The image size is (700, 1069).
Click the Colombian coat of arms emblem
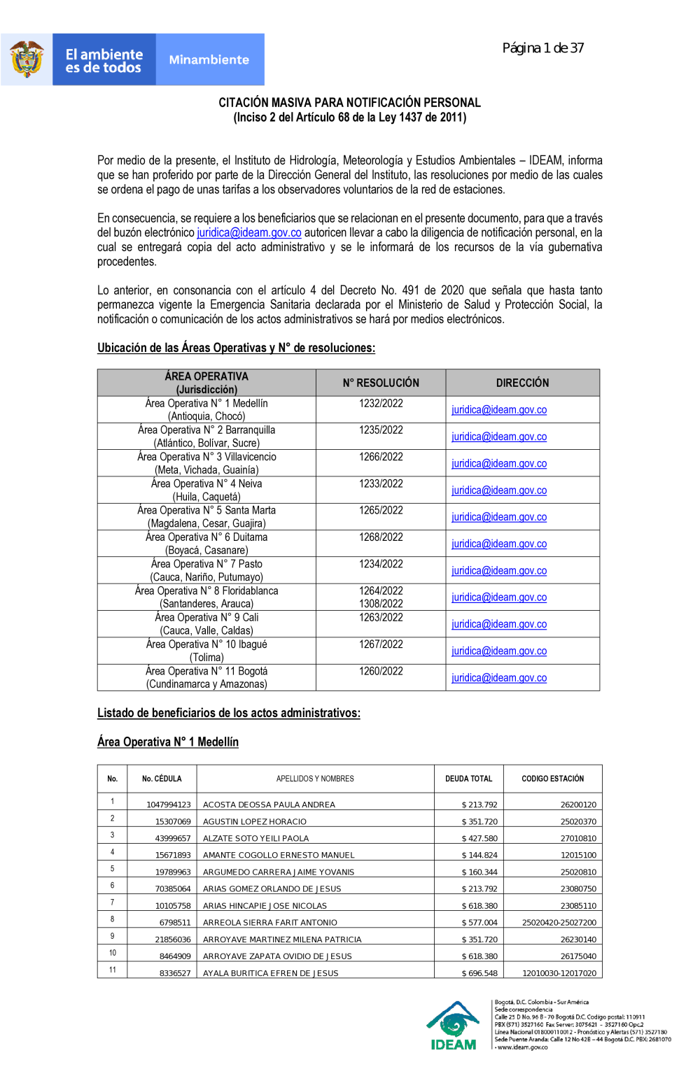(x=27, y=59)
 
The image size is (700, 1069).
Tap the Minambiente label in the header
(x=209, y=60)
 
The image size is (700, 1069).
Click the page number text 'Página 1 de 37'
(x=542, y=48)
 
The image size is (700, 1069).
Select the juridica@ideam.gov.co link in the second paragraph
(x=249, y=233)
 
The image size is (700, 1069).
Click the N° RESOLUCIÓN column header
(x=381, y=383)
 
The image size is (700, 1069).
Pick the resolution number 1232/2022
(x=381, y=404)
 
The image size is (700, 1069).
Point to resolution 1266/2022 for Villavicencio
(x=381, y=457)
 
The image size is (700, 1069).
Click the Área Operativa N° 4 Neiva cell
(x=206, y=490)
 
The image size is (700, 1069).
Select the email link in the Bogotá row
(x=499, y=678)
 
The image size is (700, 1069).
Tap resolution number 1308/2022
(x=381, y=604)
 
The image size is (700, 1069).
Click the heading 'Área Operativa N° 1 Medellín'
(x=168, y=742)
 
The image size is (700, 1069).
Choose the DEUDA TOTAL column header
(x=469, y=779)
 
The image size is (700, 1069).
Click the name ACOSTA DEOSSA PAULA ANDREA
(x=269, y=805)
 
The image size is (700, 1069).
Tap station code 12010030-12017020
(x=559, y=973)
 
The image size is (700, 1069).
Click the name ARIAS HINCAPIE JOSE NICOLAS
(x=265, y=906)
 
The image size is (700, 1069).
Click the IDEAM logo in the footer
(x=454, y=1026)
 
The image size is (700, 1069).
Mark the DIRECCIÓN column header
(x=522, y=383)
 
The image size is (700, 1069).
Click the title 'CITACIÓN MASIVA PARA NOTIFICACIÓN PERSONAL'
(x=349, y=103)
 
